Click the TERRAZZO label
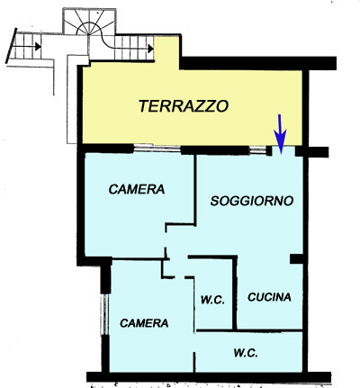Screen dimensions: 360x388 [184, 106]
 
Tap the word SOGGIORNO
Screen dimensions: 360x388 [252, 201]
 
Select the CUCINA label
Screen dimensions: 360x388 [269, 297]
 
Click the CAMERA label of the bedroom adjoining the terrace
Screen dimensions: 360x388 [137, 189]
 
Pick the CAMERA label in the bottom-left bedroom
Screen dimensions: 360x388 [144, 323]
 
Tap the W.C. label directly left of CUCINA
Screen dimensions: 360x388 [212, 300]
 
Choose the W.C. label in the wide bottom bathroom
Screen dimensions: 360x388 [246, 353]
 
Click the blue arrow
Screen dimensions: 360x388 [280, 133]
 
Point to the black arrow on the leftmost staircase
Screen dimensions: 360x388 [38, 47]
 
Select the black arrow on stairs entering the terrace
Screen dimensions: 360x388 [150, 48]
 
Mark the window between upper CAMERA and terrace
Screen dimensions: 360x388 [157, 148]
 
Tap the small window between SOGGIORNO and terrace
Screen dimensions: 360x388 [258, 150]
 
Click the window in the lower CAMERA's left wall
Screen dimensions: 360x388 [104, 314]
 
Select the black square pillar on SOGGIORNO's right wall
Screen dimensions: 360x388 [296, 258]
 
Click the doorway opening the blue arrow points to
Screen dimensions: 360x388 [283, 150]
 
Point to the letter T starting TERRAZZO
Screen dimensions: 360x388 [145, 106]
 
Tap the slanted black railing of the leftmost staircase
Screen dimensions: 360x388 [12, 46]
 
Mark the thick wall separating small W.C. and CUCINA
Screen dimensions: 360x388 [235, 293]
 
